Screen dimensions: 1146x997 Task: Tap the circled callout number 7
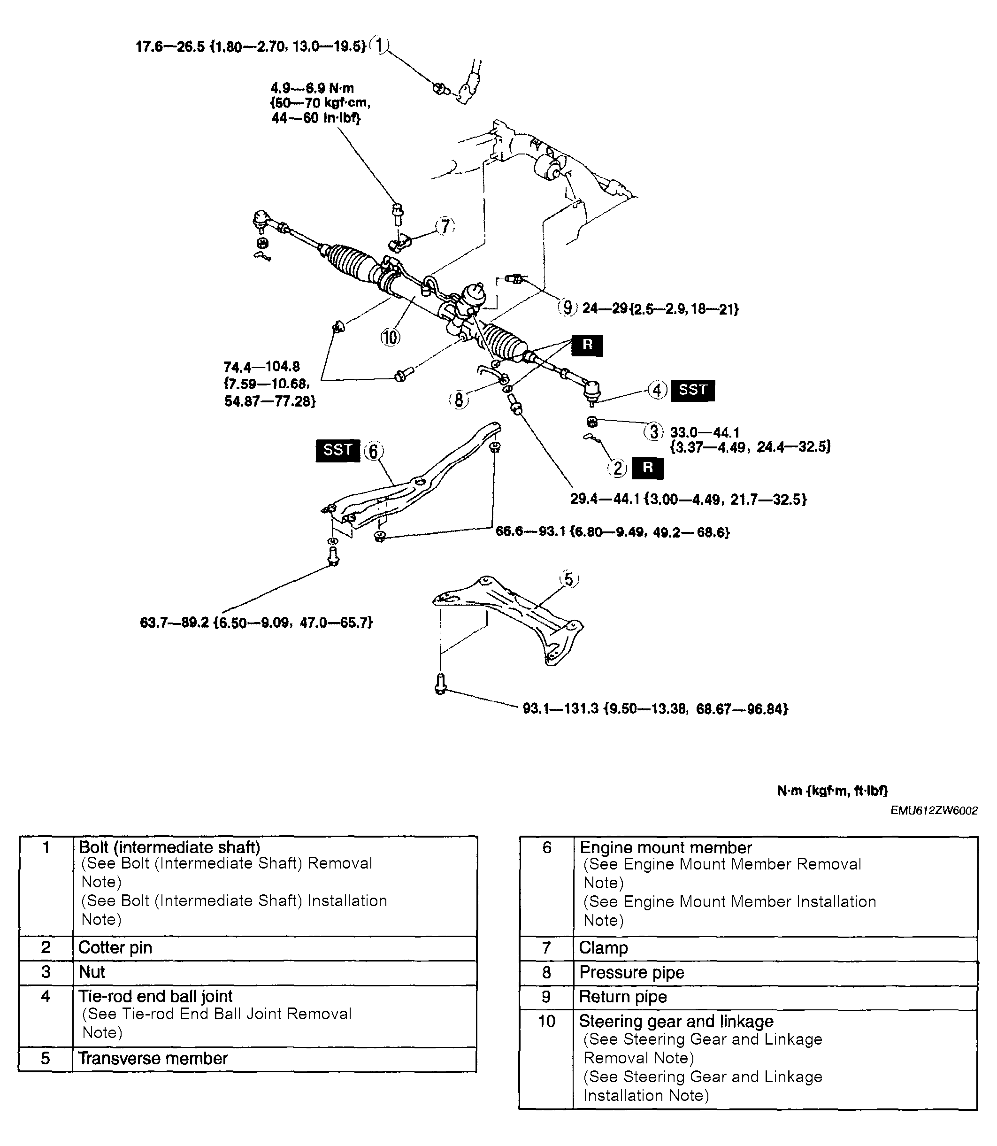pos(445,226)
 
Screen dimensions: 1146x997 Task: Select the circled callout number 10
pos(391,337)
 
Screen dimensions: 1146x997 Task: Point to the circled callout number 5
pos(568,580)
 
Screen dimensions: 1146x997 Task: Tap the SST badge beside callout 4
pos(693,390)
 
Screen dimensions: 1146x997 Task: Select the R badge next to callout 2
pos(648,468)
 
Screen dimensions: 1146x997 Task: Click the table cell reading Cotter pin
pos(115,948)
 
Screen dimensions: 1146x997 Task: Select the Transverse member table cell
pos(153,1058)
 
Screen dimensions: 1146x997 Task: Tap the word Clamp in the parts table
pos(604,948)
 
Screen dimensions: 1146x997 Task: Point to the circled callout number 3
pos(654,432)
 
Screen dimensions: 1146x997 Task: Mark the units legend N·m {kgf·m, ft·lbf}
pos(832,791)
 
